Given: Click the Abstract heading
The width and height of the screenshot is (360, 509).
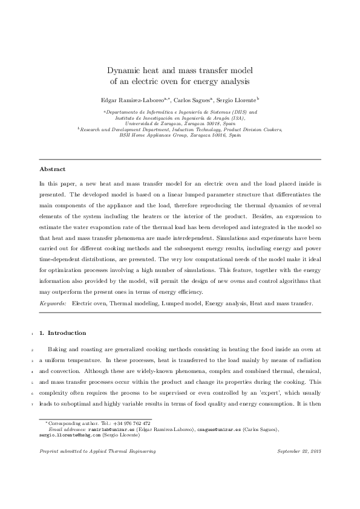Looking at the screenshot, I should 53,169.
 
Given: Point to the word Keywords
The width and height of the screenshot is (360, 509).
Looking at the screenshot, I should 53,304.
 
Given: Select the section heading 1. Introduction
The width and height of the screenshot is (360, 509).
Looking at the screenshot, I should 67,333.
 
